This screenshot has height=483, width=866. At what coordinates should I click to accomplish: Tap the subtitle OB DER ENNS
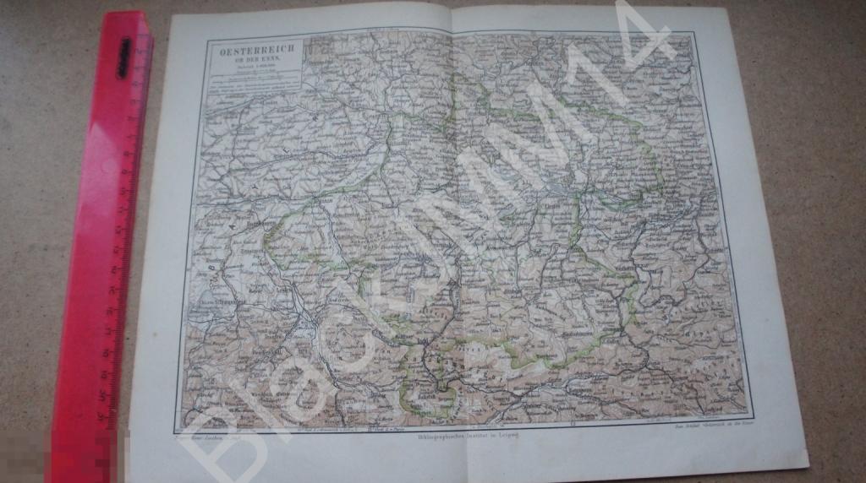click(253, 60)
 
